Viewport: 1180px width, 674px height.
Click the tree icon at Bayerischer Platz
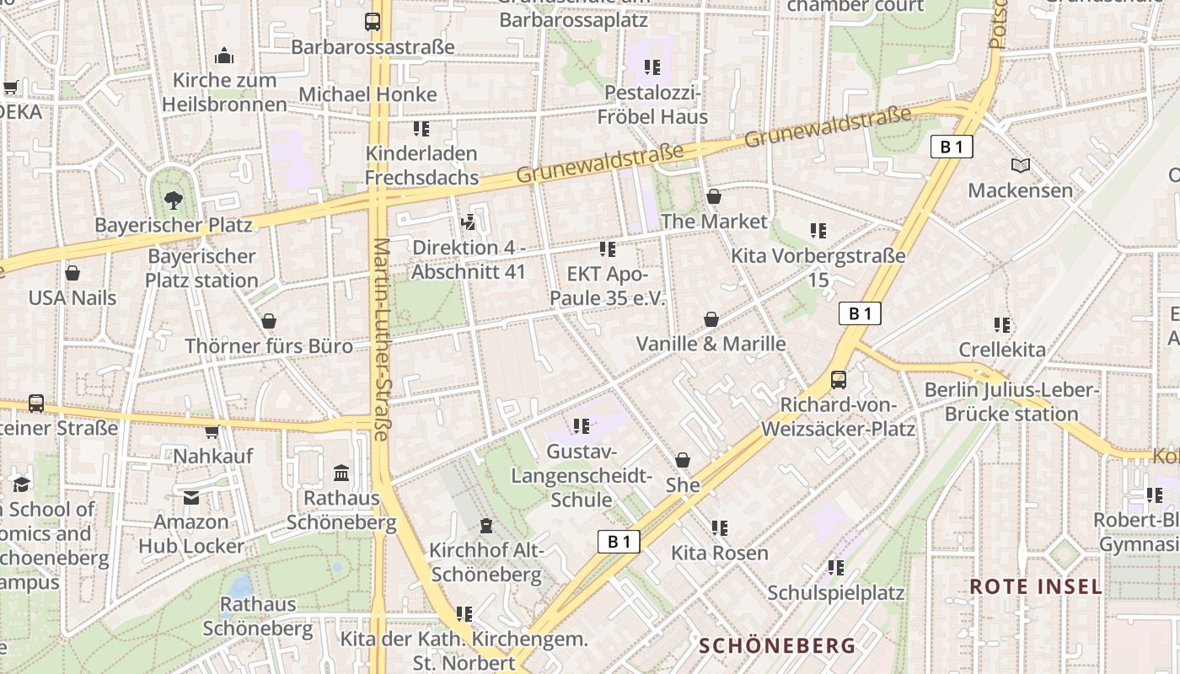pos(173,200)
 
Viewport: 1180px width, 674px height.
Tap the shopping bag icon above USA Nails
pos(72,273)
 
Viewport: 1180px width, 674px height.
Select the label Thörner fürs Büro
pos(269,345)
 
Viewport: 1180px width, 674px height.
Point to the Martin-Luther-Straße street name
pos(381,340)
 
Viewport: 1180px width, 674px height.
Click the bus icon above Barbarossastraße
pos(372,22)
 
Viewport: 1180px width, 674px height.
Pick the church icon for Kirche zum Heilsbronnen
pos(224,56)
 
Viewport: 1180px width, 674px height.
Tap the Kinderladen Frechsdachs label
pos(421,165)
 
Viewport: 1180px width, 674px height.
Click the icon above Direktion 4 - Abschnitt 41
pos(468,222)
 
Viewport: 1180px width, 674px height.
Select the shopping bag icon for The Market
pos(714,196)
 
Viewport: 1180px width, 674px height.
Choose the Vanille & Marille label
pos(711,344)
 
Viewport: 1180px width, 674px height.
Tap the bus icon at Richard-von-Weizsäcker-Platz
pos(838,379)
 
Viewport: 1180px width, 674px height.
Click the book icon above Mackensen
pos(1020,165)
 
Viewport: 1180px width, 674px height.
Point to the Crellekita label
pos(1001,349)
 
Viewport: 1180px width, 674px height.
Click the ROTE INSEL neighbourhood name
pos(1035,586)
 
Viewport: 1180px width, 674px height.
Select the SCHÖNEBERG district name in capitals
pos(777,645)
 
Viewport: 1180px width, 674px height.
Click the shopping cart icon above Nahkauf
pos(212,431)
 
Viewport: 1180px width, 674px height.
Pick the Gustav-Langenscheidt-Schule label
pos(582,475)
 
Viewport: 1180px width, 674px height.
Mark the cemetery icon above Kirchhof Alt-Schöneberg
pos(485,526)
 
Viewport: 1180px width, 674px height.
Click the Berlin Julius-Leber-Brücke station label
pos(1011,402)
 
